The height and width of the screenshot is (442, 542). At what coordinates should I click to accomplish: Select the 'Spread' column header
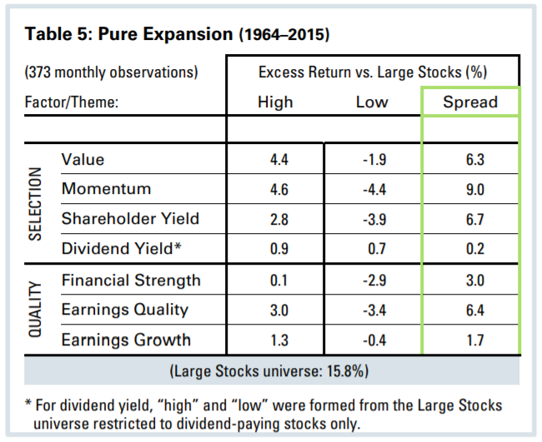point(470,102)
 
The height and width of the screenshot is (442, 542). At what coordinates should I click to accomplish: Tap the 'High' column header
point(274,102)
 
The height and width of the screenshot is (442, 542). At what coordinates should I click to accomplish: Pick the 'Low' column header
point(371,102)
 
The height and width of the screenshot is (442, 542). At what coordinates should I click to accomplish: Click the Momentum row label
point(106,189)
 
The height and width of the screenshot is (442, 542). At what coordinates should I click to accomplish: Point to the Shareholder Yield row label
point(131,219)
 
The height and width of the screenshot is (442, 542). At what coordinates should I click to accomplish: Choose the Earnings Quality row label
point(125,310)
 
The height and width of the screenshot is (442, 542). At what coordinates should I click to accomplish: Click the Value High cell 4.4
point(274,159)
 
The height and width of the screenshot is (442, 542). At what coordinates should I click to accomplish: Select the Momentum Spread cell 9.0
point(470,189)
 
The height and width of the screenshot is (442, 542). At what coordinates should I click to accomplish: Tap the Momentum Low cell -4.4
point(371,189)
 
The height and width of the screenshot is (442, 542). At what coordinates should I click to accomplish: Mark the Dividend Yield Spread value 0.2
point(470,249)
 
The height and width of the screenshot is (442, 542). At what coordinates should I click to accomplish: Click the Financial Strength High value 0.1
point(274,280)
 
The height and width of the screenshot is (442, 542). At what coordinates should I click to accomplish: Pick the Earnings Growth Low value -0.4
point(371,340)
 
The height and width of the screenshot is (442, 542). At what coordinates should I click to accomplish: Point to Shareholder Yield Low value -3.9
point(371,219)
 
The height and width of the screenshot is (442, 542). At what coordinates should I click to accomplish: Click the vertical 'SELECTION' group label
point(36,204)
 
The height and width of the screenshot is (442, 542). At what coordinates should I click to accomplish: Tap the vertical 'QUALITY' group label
point(36,309)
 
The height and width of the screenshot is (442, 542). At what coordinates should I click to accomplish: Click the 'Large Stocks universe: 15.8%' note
point(271,370)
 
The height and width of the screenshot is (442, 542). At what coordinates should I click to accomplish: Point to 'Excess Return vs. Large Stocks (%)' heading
point(373,72)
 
